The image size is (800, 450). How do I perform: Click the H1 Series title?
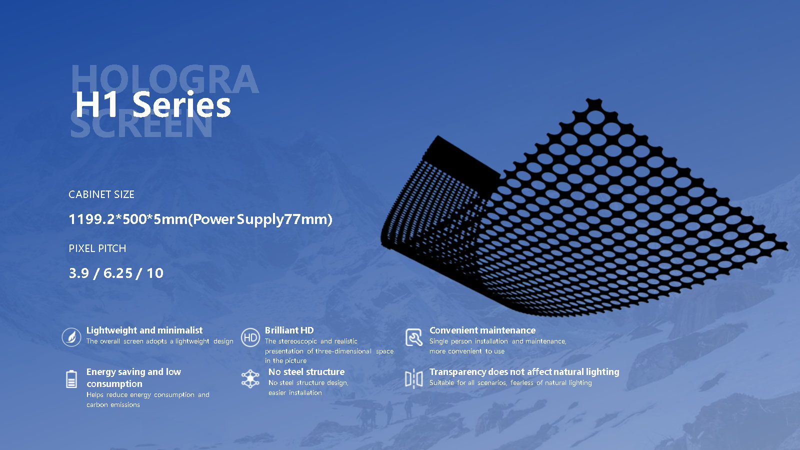(x=153, y=104)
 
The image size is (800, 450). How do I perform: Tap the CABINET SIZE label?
(x=101, y=194)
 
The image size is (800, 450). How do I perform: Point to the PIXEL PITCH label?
(x=97, y=248)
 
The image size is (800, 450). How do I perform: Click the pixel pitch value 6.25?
(x=118, y=273)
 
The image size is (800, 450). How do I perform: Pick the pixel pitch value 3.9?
(x=78, y=273)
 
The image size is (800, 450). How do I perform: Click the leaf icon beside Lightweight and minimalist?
(x=71, y=337)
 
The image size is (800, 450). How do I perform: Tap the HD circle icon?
(x=250, y=337)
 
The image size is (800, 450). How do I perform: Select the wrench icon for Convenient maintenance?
(x=414, y=337)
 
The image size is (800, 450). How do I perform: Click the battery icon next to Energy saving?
(x=71, y=379)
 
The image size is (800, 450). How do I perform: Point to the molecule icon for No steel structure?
(x=250, y=379)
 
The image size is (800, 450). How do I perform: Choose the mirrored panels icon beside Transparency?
(x=414, y=379)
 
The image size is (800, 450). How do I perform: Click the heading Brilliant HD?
(x=289, y=330)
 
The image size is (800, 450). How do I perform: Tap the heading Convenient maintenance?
(x=482, y=330)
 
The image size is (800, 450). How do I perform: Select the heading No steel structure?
(x=306, y=372)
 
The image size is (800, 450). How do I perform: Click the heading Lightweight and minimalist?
(x=144, y=330)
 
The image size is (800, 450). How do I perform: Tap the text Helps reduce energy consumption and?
(x=148, y=394)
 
